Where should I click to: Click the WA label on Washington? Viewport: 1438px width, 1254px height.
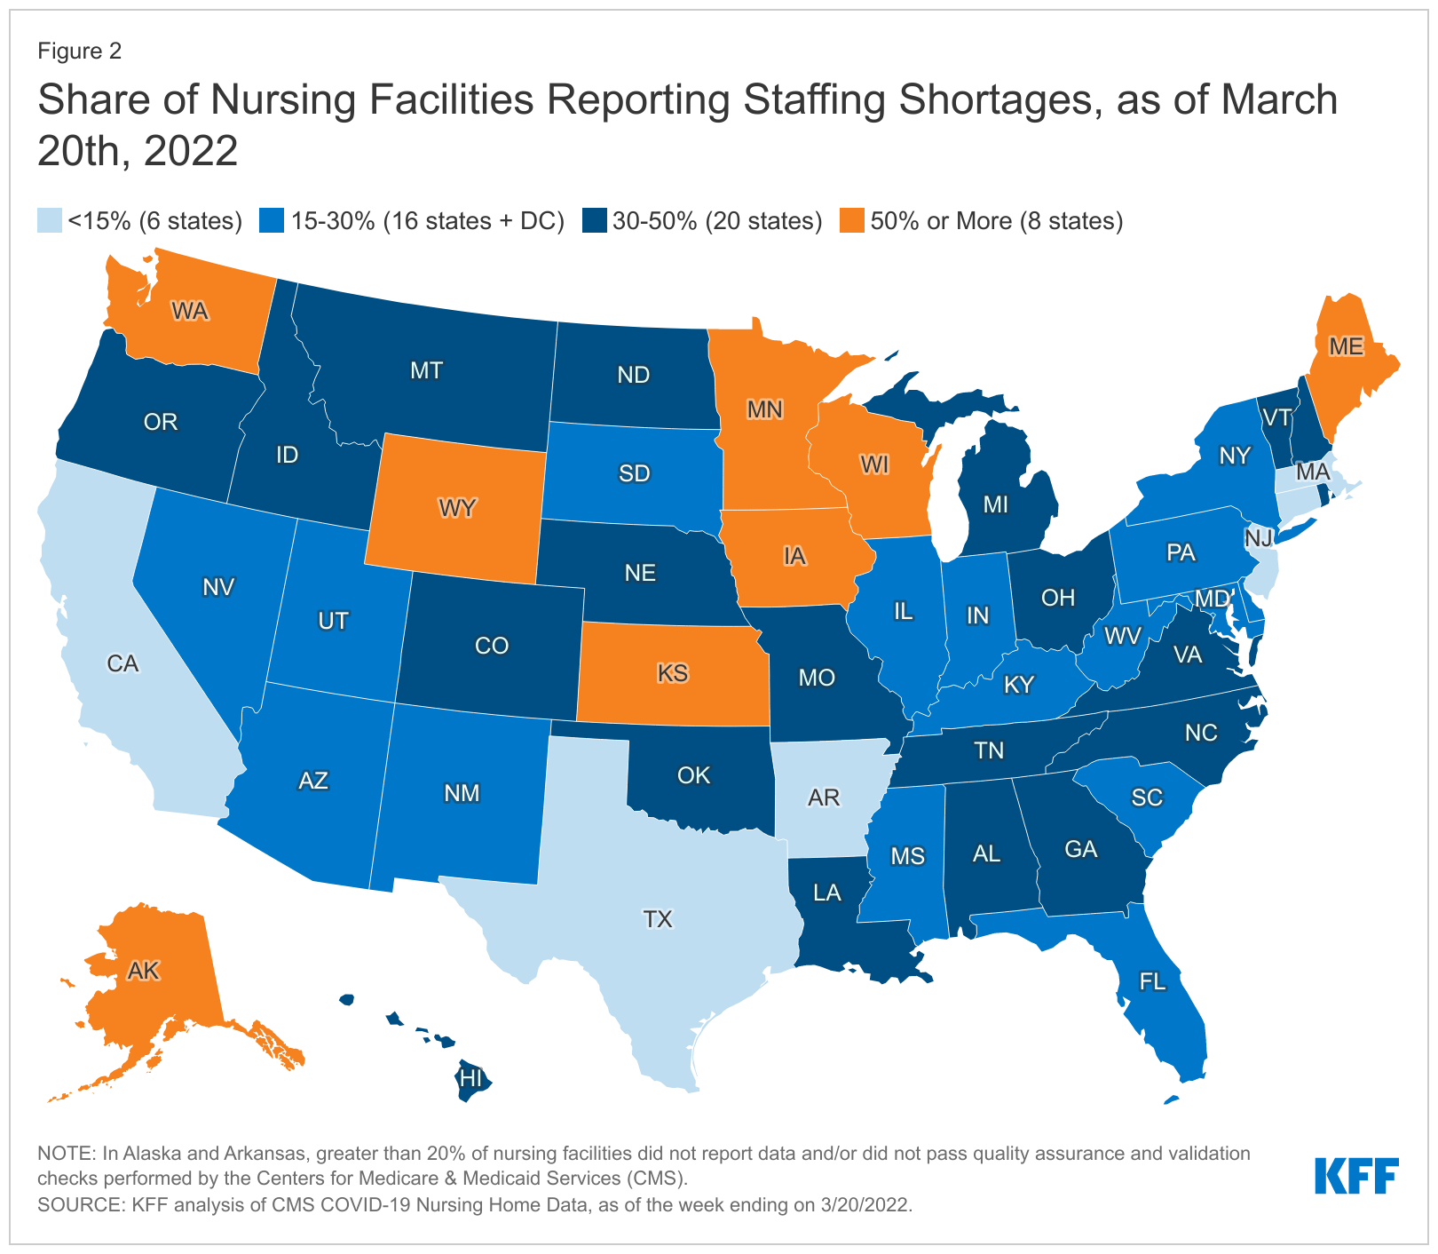pyautogui.click(x=189, y=312)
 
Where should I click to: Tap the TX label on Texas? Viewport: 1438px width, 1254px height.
pyautogui.click(x=658, y=918)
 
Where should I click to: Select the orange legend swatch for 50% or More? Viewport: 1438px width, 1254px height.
pyautogui.click(x=852, y=220)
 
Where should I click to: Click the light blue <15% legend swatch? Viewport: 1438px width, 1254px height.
pyautogui.click(x=50, y=220)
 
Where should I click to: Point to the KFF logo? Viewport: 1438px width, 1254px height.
pyautogui.click(x=1356, y=1176)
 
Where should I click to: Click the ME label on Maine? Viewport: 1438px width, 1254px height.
pyautogui.click(x=1345, y=346)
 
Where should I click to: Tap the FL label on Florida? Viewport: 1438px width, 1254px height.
pyautogui.click(x=1152, y=981)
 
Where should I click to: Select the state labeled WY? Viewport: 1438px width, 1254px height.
pyautogui.click(x=457, y=508)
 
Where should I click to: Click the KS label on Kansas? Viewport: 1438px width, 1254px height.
pyautogui.click(x=673, y=672)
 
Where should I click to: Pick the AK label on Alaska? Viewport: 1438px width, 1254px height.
pyautogui.click(x=143, y=971)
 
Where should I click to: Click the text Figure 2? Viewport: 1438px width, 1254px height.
pyautogui.click(x=79, y=51)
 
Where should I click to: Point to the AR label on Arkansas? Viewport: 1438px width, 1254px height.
pyautogui.click(x=824, y=797)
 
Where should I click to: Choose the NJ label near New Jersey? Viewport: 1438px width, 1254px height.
pyautogui.click(x=1258, y=537)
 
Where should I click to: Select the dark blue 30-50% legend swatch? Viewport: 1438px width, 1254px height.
pyautogui.click(x=594, y=220)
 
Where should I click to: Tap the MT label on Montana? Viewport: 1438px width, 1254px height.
pyautogui.click(x=426, y=370)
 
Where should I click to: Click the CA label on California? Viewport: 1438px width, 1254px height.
pyautogui.click(x=122, y=663)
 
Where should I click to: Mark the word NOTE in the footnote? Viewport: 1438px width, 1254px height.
pyautogui.click(x=65, y=1154)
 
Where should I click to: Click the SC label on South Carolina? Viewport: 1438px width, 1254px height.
pyautogui.click(x=1147, y=797)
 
